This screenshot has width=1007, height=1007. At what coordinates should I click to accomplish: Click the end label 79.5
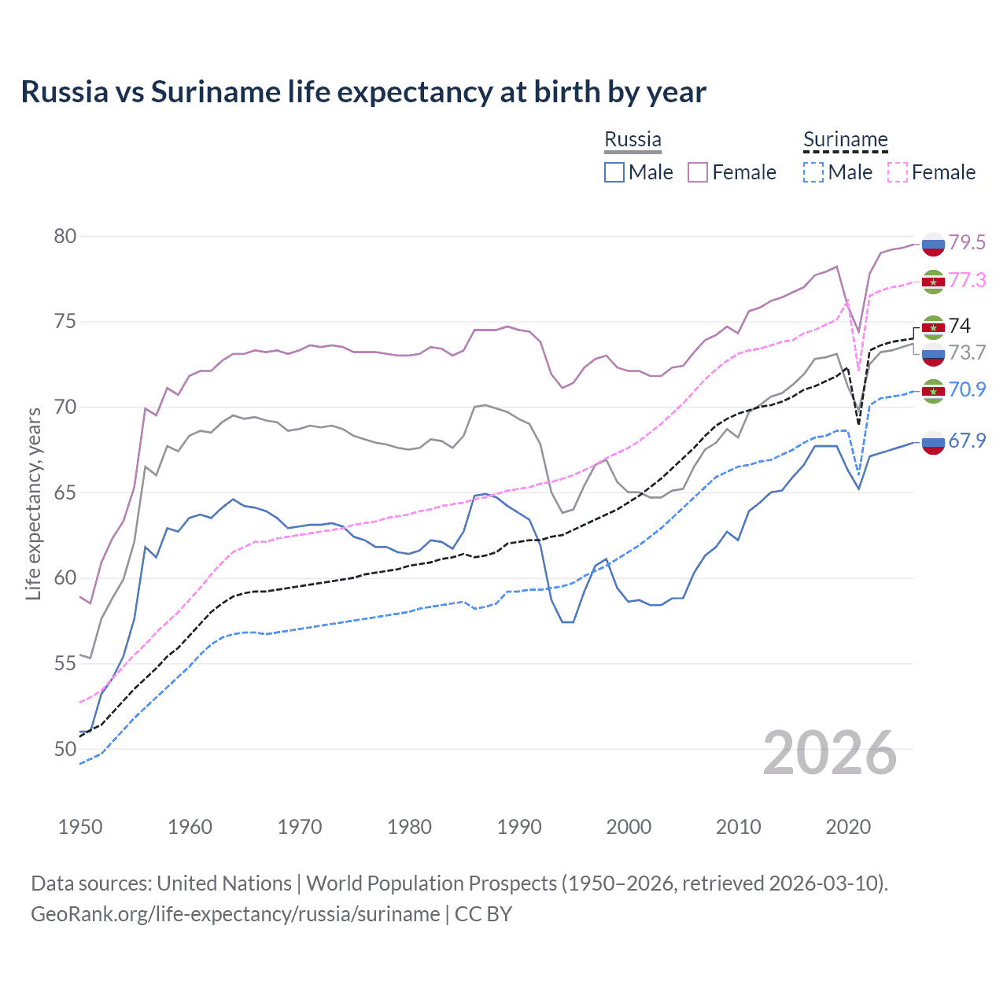(x=967, y=242)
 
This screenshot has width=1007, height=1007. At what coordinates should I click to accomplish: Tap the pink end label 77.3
(x=967, y=280)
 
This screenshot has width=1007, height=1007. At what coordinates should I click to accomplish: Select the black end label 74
(x=960, y=326)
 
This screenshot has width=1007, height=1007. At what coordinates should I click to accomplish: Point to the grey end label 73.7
(x=967, y=352)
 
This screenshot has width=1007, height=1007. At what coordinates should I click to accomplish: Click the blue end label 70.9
(x=967, y=389)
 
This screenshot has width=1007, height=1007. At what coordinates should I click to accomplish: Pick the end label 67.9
(x=967, y=441)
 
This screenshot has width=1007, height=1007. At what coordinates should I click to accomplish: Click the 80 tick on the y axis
(x=65, y=237)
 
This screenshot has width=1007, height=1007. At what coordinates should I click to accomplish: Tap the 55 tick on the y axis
(x=65, y=664)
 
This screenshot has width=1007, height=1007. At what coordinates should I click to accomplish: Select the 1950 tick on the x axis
(x=80, y=827)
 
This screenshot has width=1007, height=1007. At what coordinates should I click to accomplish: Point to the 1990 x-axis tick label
(x=519, y=827)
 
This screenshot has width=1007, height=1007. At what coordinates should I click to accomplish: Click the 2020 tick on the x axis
(x=848, y=827)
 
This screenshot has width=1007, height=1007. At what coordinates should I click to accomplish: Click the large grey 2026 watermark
(x=830, y=753)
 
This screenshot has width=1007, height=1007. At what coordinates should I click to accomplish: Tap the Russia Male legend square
(x=614, y=172)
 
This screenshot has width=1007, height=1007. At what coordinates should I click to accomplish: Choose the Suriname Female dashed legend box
(x=898, y=172)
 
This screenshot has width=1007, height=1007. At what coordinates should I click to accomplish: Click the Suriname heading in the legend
(x=845, y=140)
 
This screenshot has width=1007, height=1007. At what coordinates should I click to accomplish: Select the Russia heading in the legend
(x=633, y=139)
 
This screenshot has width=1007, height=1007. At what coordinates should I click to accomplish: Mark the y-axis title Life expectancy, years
(x=34, y=503)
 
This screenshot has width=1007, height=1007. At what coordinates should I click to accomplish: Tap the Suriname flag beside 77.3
(x=933, y=281)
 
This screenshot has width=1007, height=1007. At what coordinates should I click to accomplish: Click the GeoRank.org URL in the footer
(x=235, y=914)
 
